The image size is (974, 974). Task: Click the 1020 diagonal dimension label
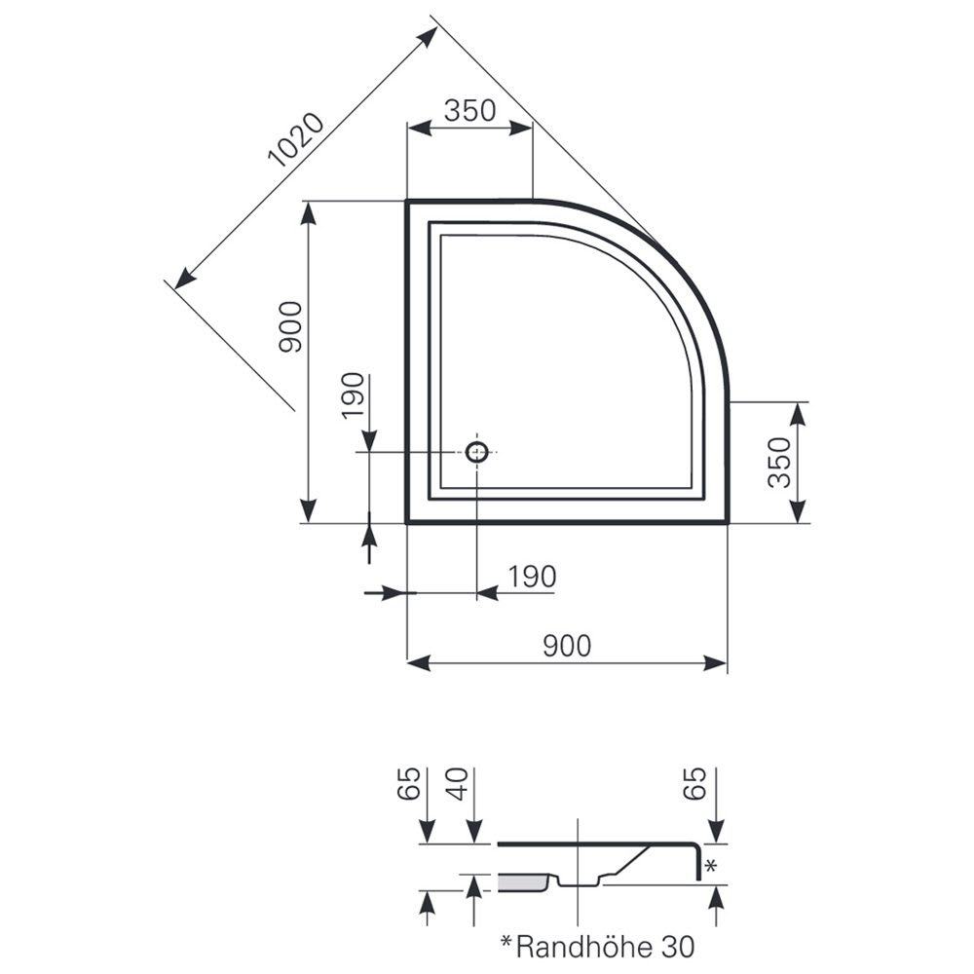point(296,140)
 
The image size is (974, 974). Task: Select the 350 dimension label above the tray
point(470,111)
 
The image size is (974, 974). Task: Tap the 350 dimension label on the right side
point(779,462)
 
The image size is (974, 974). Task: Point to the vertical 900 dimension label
point(290,327)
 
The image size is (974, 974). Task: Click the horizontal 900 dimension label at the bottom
point(567,646)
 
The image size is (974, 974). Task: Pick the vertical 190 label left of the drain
point(353,395)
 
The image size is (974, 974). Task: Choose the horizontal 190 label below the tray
point(533,577)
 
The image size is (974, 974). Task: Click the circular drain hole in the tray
point(477,452)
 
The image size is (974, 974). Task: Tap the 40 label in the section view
point(459,784)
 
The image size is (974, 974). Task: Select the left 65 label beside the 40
point(409,784)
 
